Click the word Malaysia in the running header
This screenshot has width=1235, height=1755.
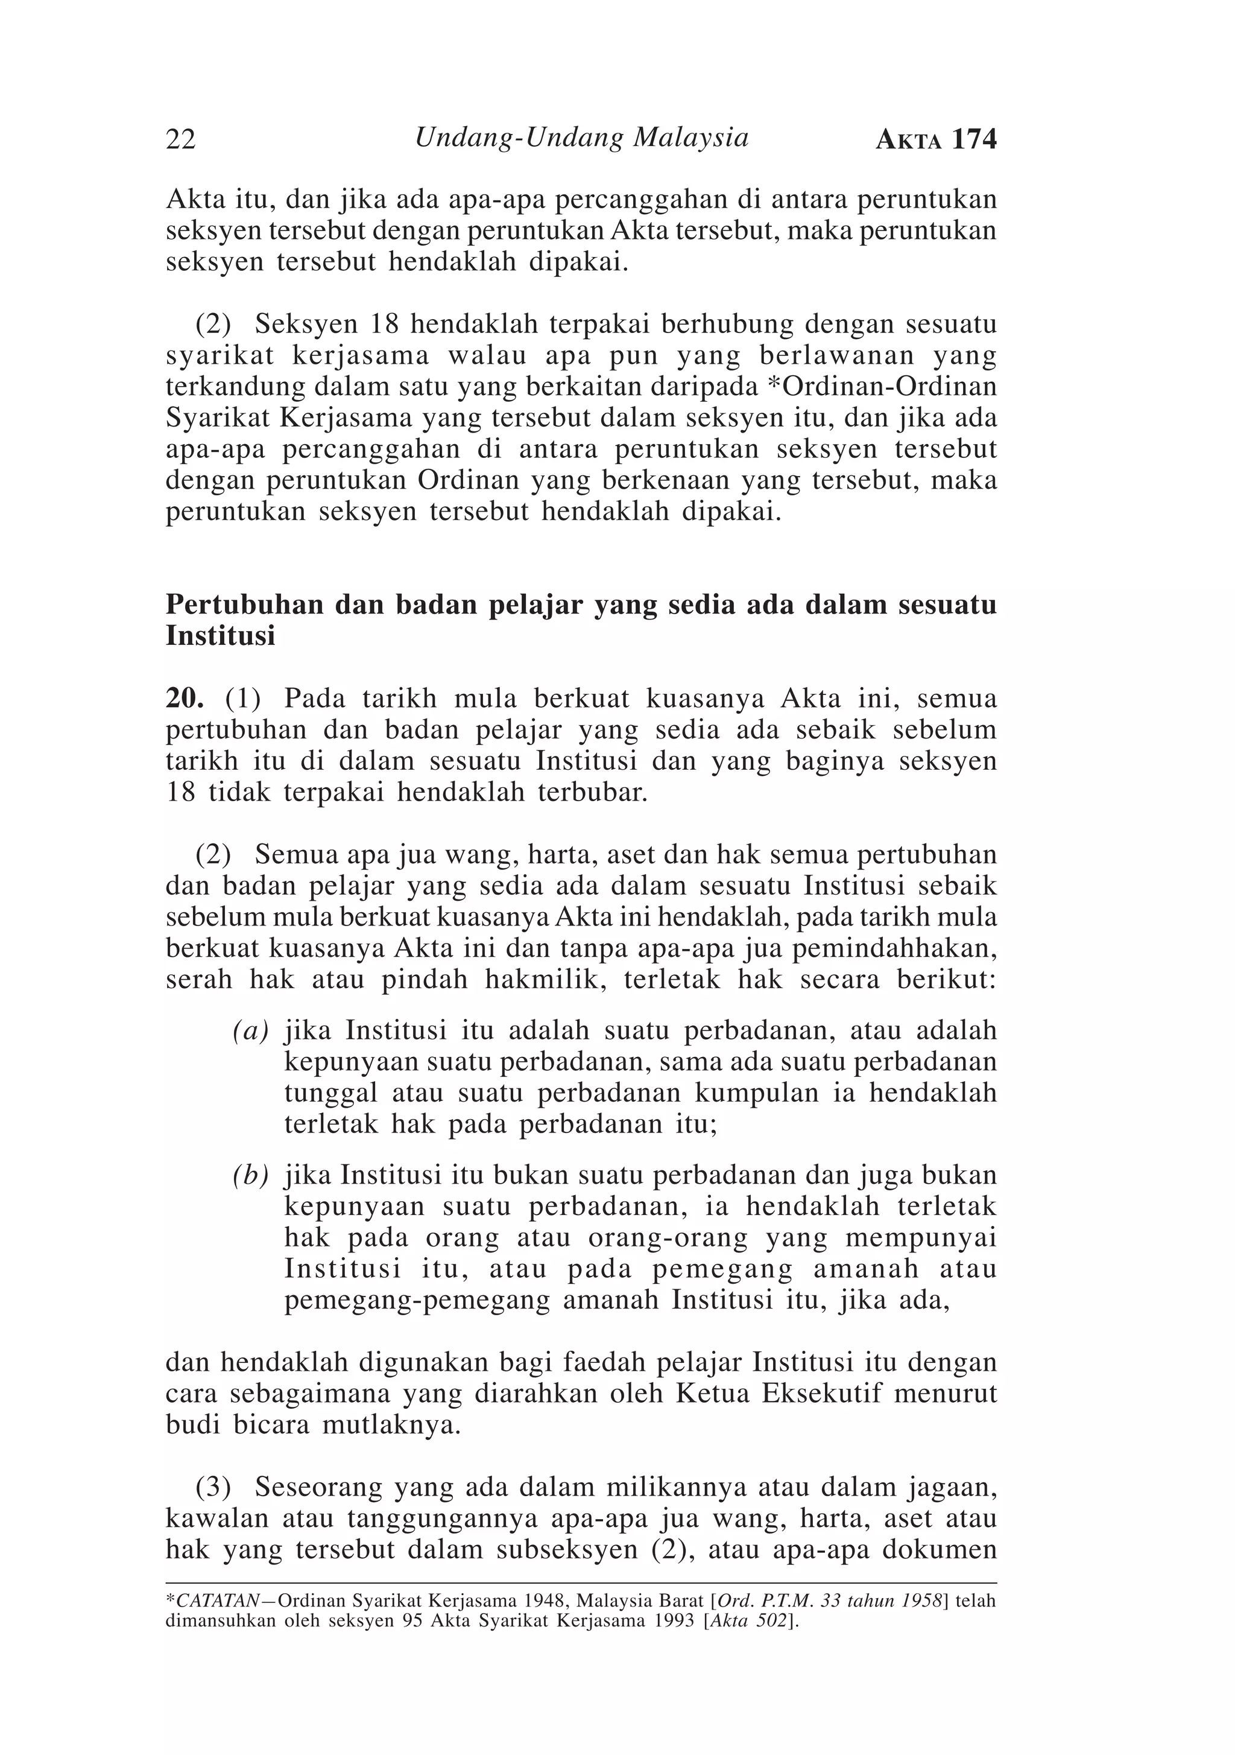click(691, 138)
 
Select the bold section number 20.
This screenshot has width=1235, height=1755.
click(184, 698)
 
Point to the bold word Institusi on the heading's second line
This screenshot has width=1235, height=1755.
click(220, 636)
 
